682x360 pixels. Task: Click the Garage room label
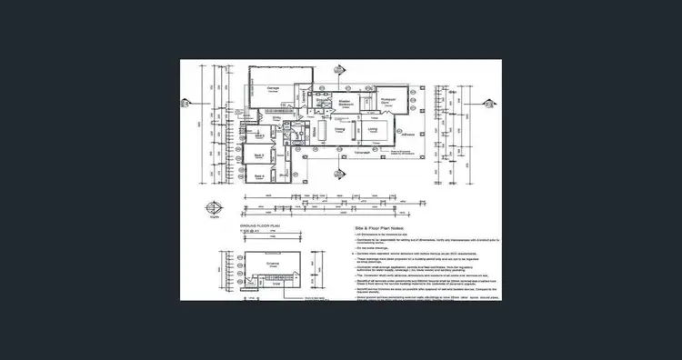(273, 88)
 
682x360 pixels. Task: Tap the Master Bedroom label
(345, 102)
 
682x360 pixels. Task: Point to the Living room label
(374, 130)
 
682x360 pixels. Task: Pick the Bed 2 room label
(259, 135)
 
